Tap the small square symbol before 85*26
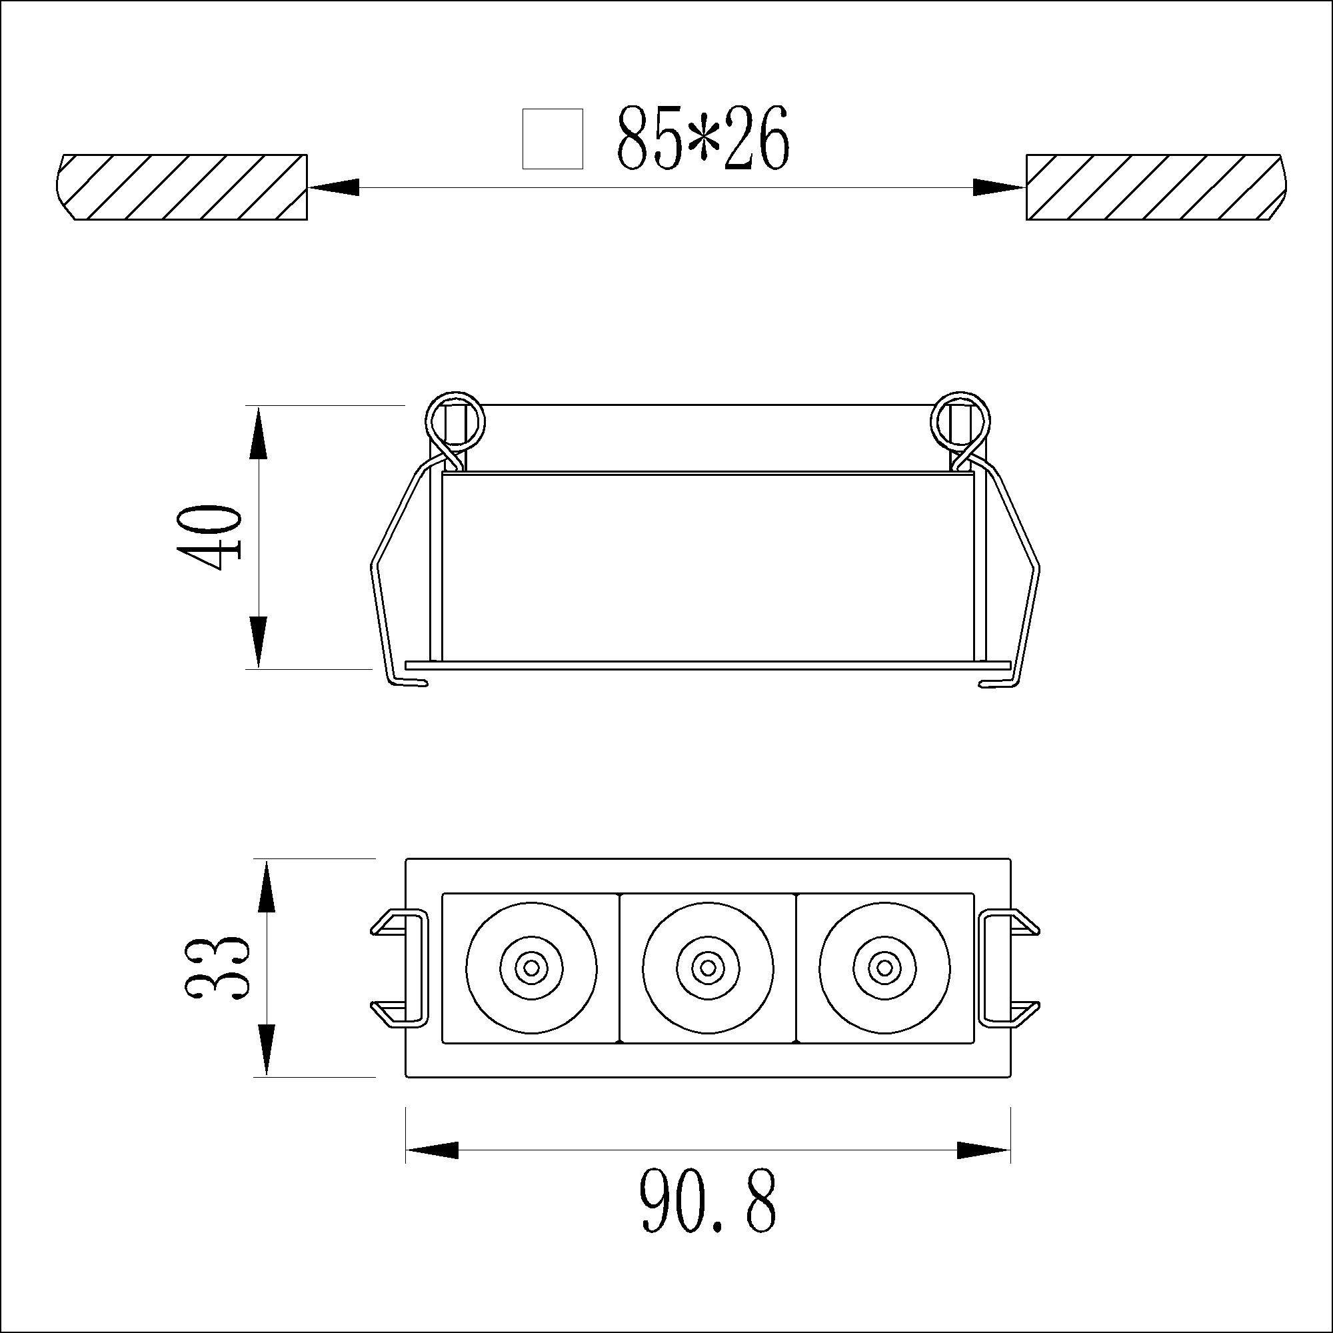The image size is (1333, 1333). [553, 139]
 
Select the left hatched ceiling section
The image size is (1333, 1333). [181, 187]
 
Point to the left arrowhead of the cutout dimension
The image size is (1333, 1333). [334, 187]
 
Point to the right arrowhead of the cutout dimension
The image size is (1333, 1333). [999, 187]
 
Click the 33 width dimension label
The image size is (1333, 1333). [215, 968]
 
